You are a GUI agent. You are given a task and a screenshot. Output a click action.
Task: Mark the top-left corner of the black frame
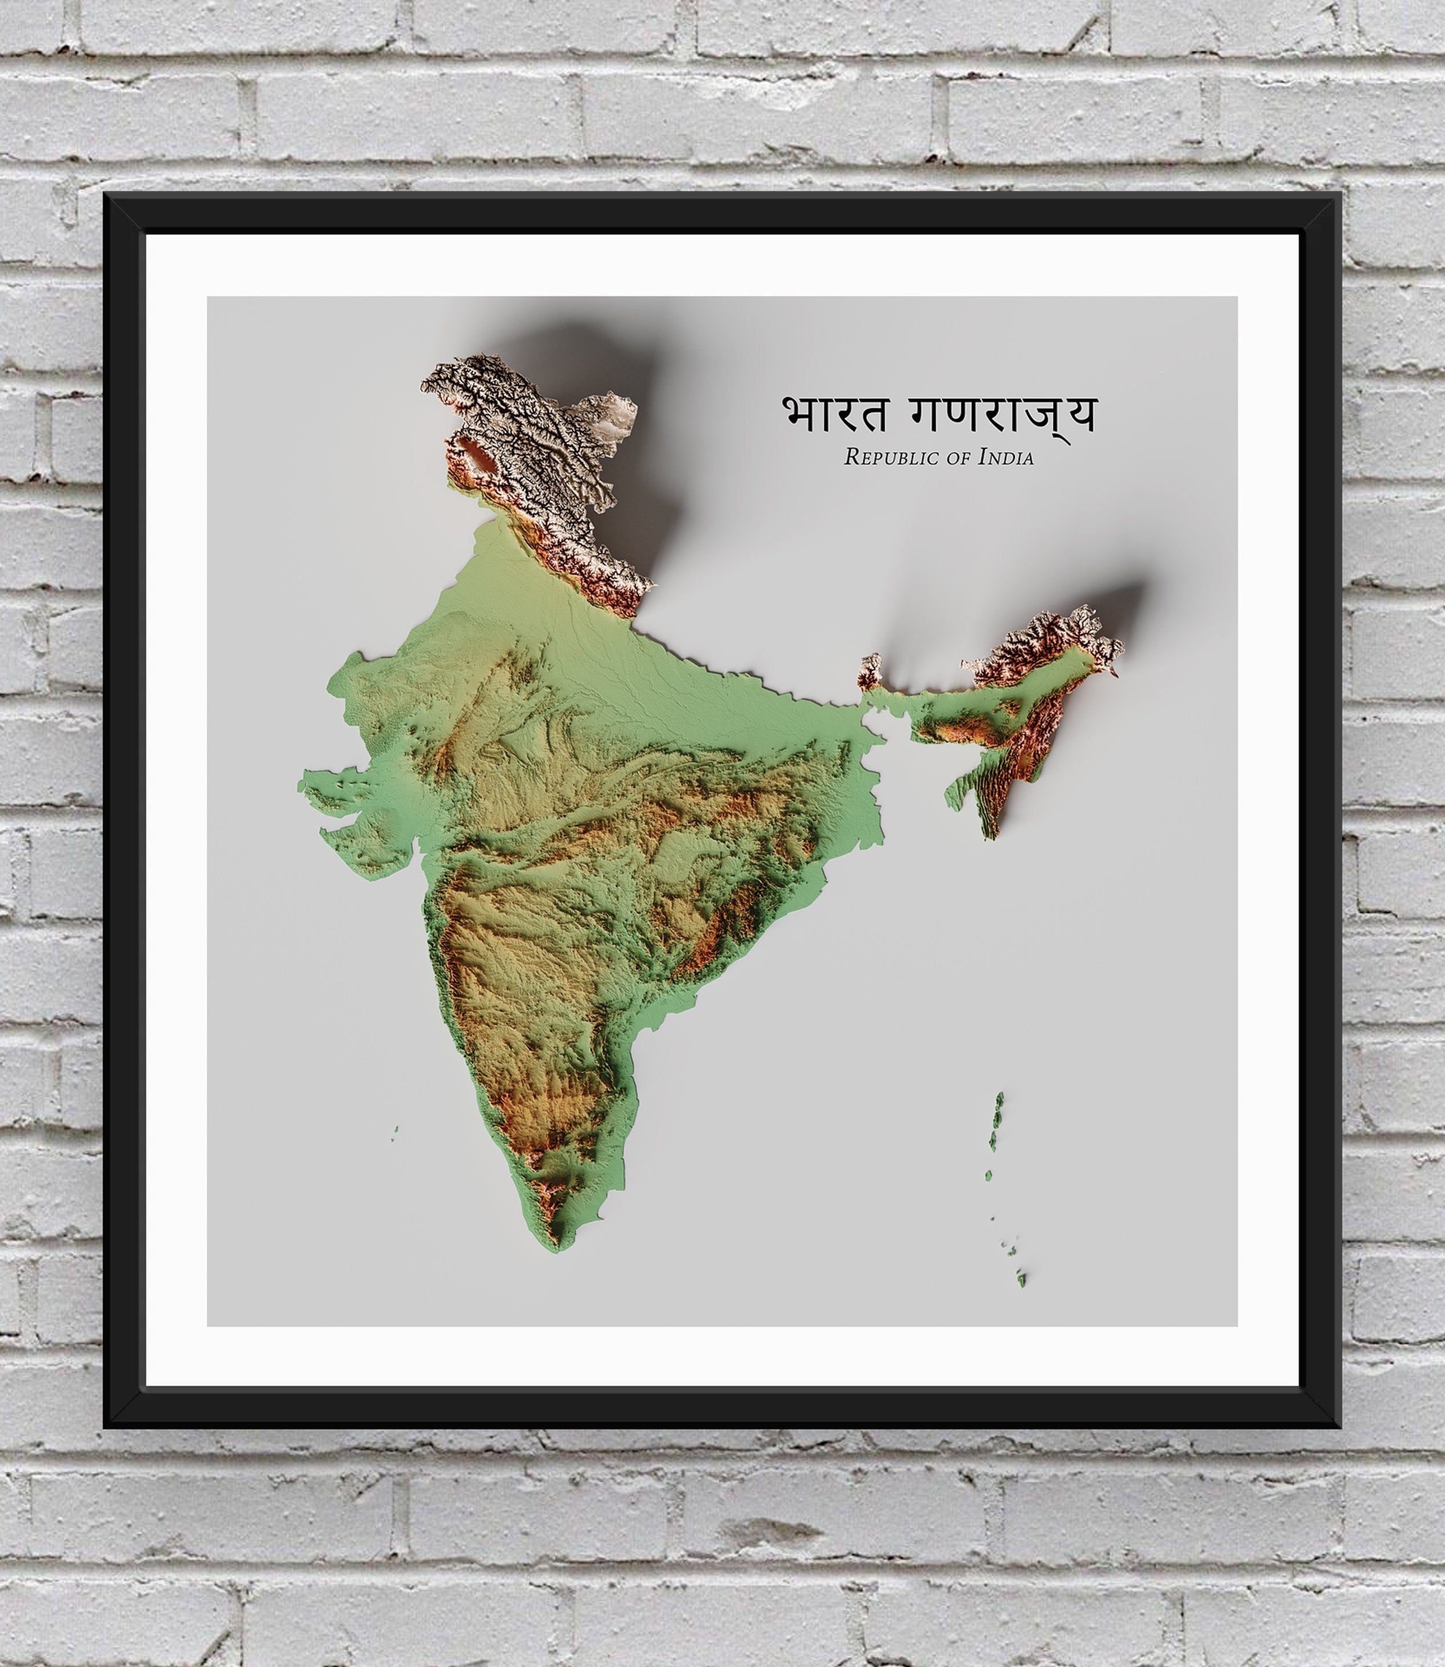pyautogui.click(x=106, y=195)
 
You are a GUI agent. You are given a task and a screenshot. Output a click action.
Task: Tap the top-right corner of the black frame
pyautogui.click(x=1339, y=195)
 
